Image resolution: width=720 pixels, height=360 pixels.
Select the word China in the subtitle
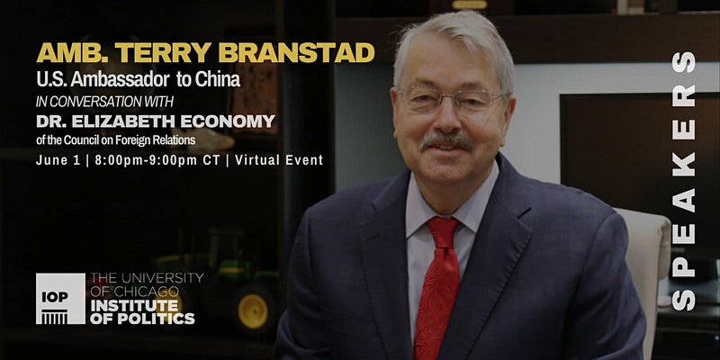coord(217,79)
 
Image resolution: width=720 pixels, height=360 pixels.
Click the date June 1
coord(58,160)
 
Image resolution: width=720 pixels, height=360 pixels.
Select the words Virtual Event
coord(279,160)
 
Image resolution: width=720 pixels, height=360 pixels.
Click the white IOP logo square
coord(60,299)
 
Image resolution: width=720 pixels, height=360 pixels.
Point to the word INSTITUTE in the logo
coord(134,305)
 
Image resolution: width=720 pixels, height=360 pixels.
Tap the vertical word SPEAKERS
coord(684,181)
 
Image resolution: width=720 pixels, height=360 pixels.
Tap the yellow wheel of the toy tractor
coord(253,310)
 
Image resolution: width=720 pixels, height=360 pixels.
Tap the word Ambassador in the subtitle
coord(120,79)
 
